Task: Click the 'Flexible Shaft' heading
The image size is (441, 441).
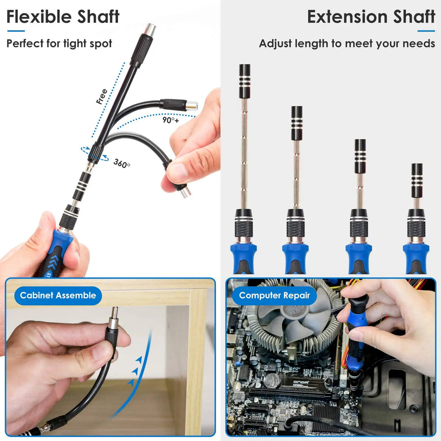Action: (x=63, y=17)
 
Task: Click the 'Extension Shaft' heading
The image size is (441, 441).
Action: (x=371, y=17)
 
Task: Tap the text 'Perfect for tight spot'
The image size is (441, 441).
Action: (x=59, y=43)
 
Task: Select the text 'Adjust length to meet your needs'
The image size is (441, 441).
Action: (x=347, y=43)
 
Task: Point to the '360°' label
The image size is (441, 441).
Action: (x=122, y=163)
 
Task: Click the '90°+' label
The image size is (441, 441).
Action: (x=171, y=120)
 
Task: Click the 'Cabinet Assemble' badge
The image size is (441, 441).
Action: (x=58, y=295)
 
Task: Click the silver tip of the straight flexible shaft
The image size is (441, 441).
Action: (x=151, y=29)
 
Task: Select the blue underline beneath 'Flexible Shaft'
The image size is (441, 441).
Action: (x=16, y=31)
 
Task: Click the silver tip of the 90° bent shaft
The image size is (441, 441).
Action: (x=192, y=106)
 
